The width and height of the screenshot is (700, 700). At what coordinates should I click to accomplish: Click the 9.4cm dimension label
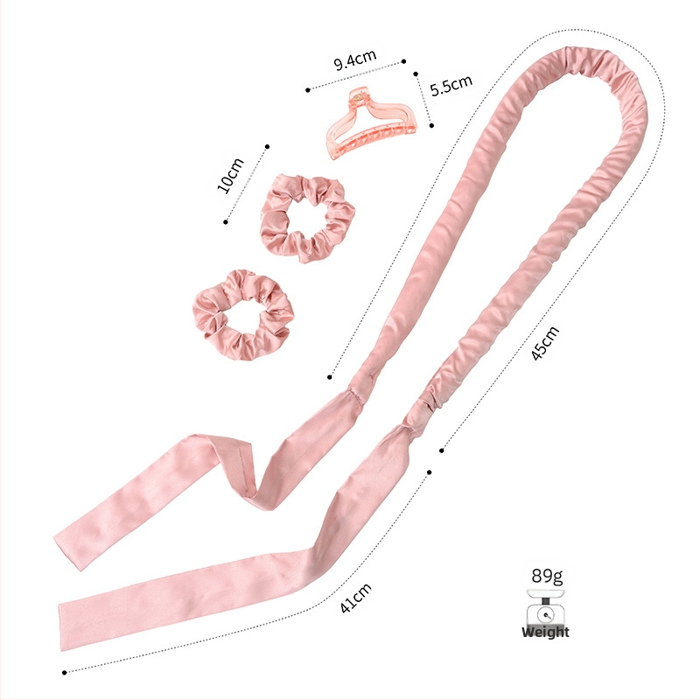coord(355,59)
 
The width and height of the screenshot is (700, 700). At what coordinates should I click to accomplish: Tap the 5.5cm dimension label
coord(451,85)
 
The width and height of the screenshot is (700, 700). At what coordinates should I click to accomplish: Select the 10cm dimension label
coord(230,176)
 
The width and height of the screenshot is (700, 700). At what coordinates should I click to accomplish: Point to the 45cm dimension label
coord(545,343)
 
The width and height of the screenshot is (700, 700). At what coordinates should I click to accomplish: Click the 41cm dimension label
coord(355,598)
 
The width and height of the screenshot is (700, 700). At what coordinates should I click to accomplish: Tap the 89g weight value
coord(546,576)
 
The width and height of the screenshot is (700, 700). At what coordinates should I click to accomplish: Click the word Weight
coord(545,632)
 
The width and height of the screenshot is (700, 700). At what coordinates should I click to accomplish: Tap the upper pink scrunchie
coord(307,218)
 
